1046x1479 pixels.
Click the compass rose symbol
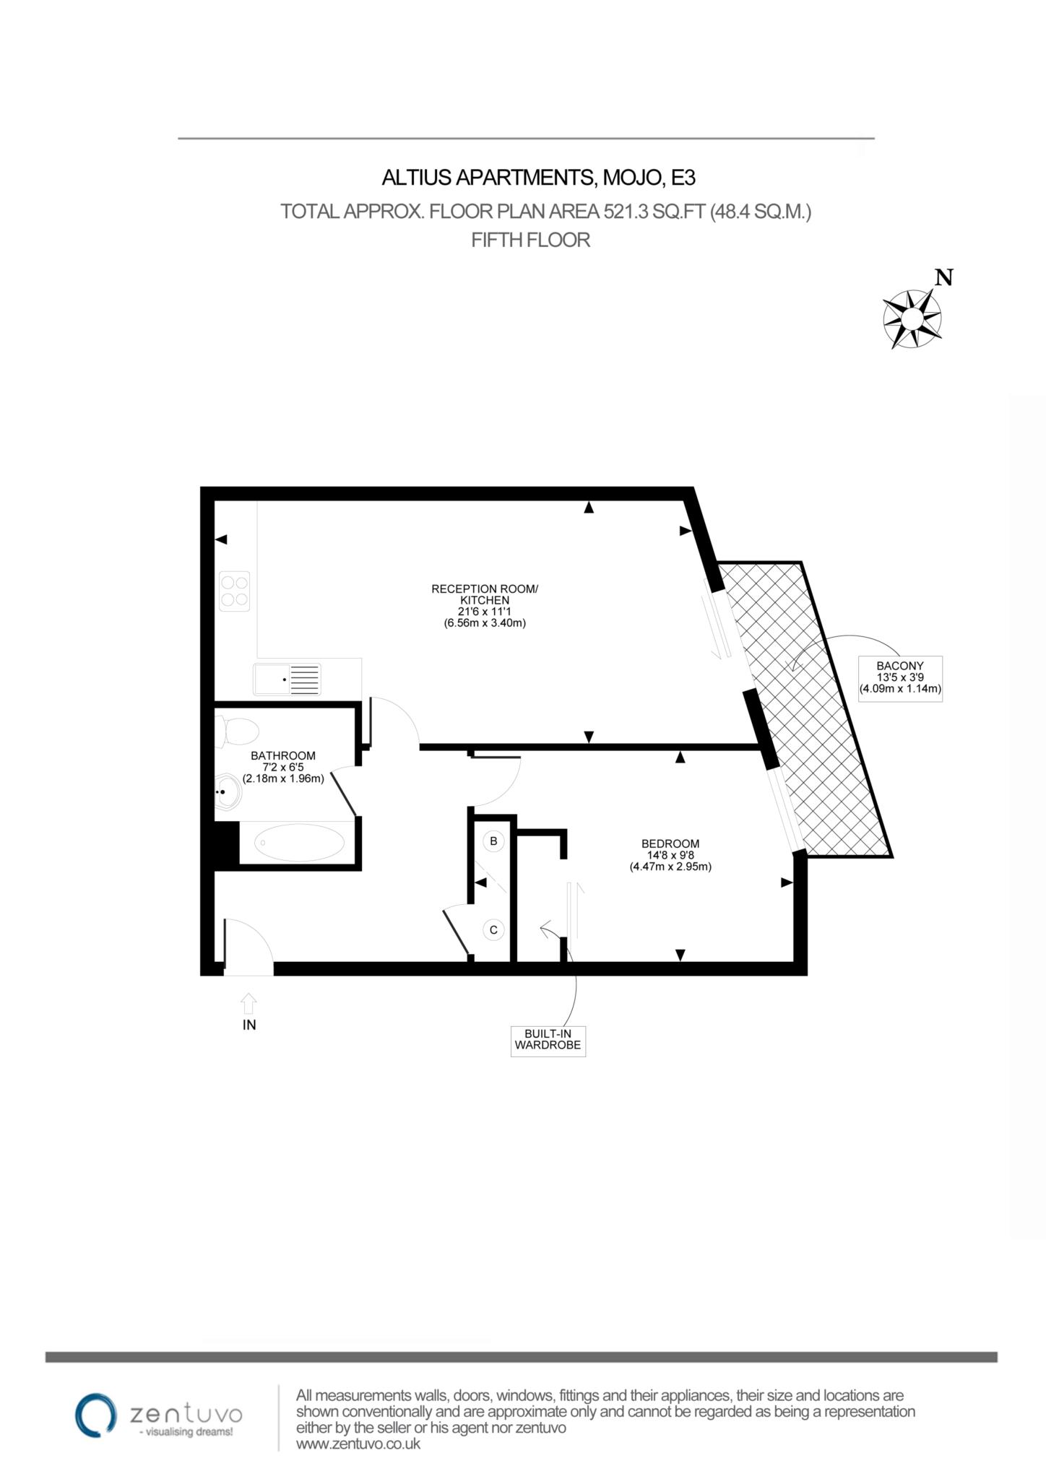(x=912, y=318)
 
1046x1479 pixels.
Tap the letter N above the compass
(x=943, y=277)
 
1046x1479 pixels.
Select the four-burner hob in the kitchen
(x=235, y=591)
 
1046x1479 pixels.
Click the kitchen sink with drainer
(x=287, y=680)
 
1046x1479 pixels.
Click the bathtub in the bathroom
(x=300, y=841)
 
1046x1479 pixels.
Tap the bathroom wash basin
(x=229, y=792)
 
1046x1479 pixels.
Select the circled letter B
(x=493, y=841)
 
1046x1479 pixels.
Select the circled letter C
(x=493, y=929)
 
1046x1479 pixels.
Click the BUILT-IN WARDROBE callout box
(x=548, y=1041)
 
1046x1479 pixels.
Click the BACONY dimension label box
(x=899, y=677)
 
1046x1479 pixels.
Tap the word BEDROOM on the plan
(x=670, y=843)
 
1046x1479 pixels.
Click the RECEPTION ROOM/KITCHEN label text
(x=485, y=594)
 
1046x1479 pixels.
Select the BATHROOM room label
(x=282, y=755)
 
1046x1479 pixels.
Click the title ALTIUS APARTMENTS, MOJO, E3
(x=538, y=177)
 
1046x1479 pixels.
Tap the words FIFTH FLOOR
(x=530, y=240)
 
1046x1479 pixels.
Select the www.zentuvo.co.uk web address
(x=358, y=1444)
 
